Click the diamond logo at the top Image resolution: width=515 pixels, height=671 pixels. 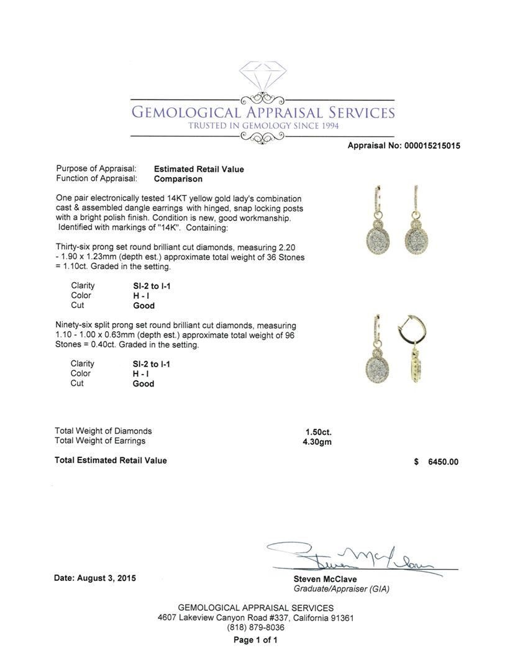point(262,77)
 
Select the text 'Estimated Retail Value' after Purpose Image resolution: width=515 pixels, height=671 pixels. point(199,169)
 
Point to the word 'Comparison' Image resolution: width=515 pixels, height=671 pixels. point(178,179)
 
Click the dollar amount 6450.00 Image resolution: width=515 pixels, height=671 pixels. point(443,462)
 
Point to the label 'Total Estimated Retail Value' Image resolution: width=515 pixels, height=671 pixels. point(111,460)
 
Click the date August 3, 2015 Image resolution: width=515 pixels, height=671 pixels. point(95,578)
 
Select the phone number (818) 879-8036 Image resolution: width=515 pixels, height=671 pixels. point(256,628)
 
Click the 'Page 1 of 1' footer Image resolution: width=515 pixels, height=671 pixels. point(255,641)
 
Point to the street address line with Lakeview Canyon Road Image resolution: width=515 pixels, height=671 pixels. point(256,618)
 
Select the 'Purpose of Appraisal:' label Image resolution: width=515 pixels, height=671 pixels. point(96,169)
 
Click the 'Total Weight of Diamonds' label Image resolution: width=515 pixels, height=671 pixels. point(103,431)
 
